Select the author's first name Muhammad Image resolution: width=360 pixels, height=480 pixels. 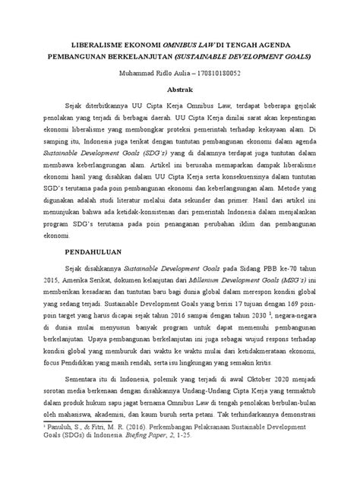[131, 74]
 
